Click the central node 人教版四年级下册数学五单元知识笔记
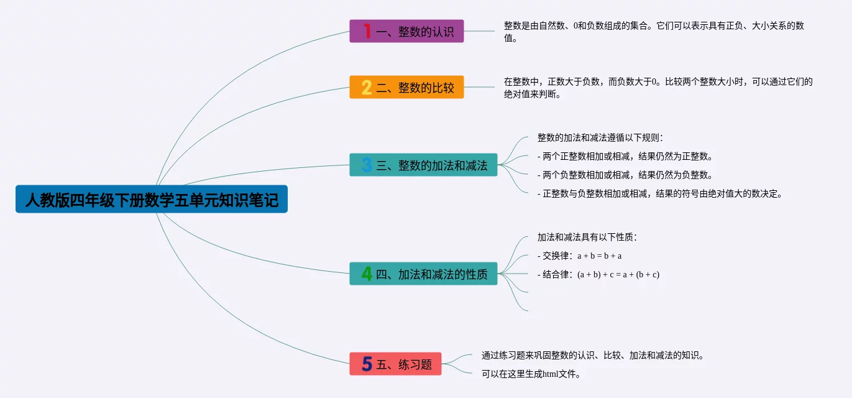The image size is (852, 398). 152,199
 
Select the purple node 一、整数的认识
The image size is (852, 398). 406,31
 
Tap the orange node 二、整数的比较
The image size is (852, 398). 406,87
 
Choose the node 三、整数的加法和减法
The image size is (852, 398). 423,165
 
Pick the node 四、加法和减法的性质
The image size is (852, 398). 423,274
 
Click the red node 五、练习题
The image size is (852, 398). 395,364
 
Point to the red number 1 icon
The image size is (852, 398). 367,31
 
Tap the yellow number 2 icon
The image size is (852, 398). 367,87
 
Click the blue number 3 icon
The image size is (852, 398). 367,165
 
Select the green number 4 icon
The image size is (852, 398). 367,274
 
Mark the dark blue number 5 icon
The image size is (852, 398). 367,364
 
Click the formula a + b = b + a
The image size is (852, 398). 600,256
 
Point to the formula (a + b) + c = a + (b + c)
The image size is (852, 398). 618,274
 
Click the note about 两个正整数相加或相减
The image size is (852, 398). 625,156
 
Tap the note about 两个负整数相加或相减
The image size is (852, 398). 625,175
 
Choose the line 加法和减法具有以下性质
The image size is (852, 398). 587,237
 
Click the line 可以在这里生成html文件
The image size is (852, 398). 531,374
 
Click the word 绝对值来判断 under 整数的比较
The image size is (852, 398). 532,95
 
